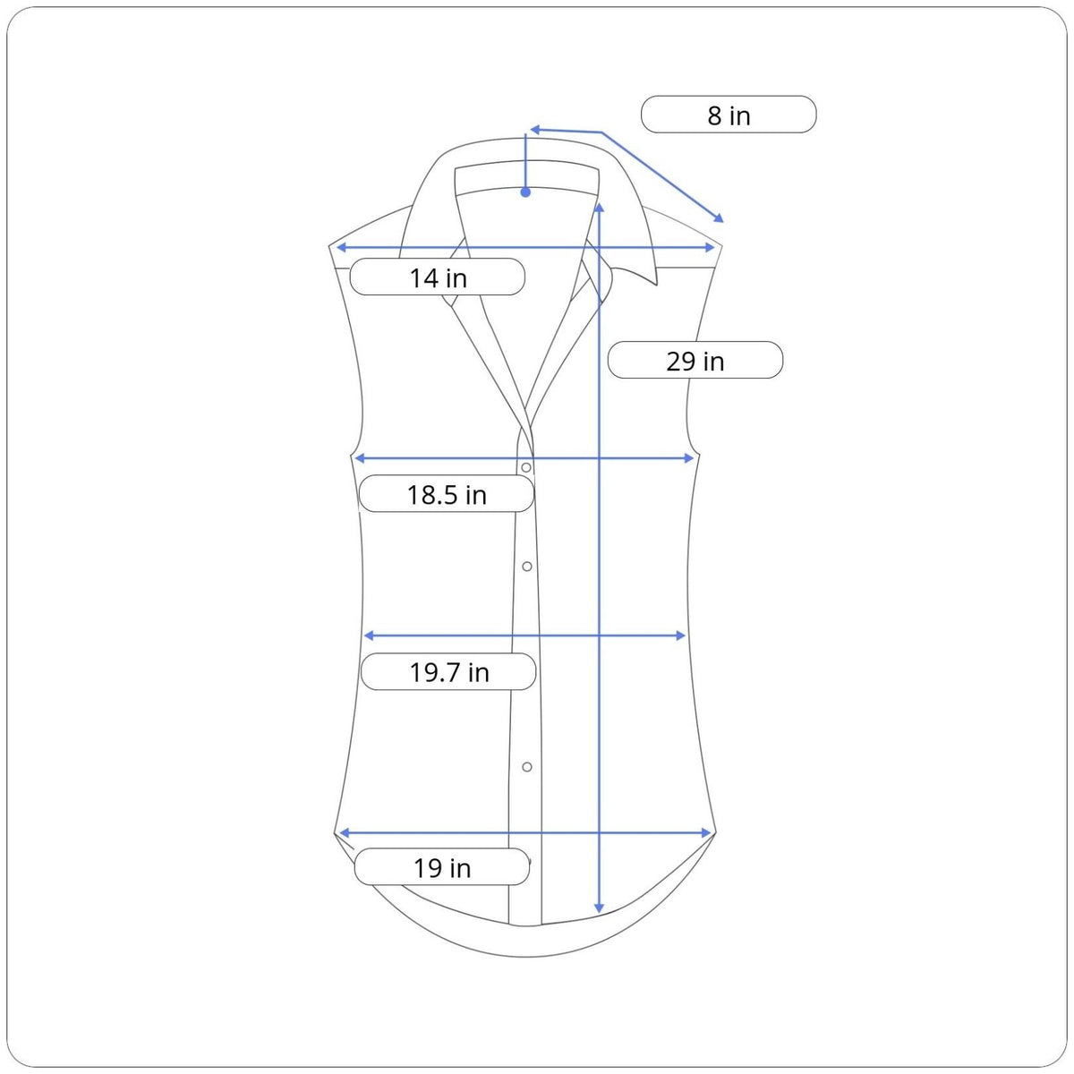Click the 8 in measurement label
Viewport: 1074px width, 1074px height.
click(x=729, y=115)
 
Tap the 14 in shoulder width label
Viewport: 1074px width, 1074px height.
click(x=438, y=277)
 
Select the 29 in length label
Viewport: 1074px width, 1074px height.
click(x=695, y=361)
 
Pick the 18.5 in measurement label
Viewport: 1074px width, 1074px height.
click(x=447, y=494)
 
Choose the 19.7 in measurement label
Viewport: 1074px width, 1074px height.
click(x=449, y=672)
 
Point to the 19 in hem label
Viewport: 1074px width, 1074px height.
click(x=442, y=868)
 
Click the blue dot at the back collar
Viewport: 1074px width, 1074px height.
click(x=525, y=192)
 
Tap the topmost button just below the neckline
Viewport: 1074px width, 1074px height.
click(x=525, y=467)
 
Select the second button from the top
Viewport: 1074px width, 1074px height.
click(x=526, y=567)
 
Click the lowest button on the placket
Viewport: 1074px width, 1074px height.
click(x=526, y=767)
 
